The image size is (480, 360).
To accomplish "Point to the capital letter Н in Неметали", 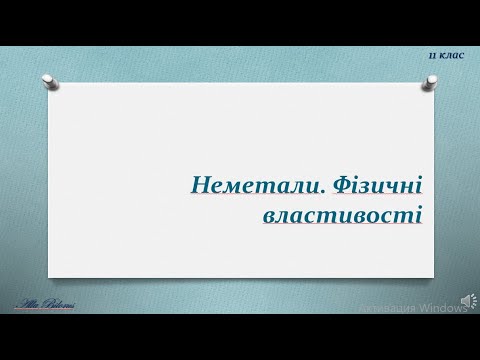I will pos(200,185).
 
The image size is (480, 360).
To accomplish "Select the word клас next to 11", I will pos(452,56).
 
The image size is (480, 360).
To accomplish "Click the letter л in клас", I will pos(449,56).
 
